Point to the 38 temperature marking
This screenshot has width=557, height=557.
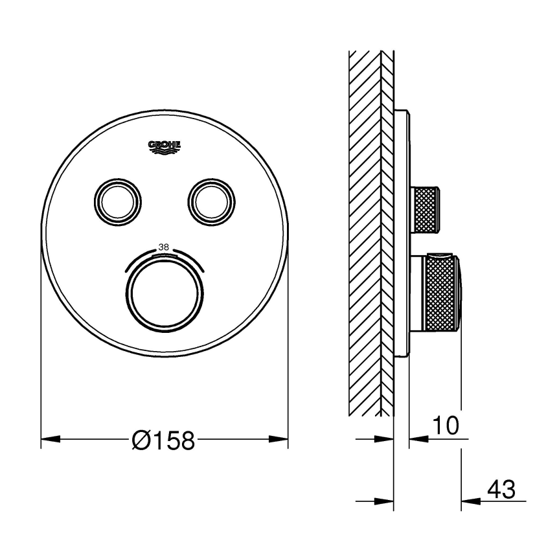point(163,247)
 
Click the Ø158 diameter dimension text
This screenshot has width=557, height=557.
point(163,440)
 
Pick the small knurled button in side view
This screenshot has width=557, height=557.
point(425,209)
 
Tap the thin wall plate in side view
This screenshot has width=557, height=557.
point(402,233)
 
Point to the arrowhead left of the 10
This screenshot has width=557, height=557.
point(418,439)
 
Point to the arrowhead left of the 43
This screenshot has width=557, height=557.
point(469,501)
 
